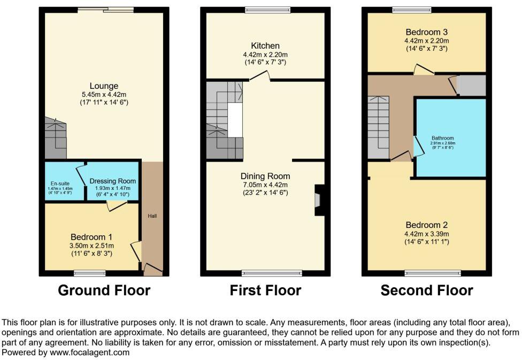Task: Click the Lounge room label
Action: [x=104, y=86]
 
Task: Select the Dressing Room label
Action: [x=112, y=181]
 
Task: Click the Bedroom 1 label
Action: [x=92, y=237]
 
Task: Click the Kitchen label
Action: [x=265, y=45]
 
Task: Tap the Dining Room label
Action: [x=265, y=176]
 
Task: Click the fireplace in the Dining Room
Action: [x=319, y=200]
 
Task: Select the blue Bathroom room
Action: [x=450, y=137]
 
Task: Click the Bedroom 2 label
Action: [x=426, y=225]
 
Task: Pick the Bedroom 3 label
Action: [x=426, y=31]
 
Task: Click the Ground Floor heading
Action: [x=104, y=290]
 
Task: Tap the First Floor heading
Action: [x=265, y=290]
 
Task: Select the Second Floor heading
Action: [x=427, y=290]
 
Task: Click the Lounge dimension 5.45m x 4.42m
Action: [x=104, y=94]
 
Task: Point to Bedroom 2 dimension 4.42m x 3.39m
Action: [x=426, y=234]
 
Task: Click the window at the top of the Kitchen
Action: [x=268, y=9]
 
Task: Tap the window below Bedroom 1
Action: [x=89, y=273]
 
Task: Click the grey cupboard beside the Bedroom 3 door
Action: [x=471, y=86]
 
